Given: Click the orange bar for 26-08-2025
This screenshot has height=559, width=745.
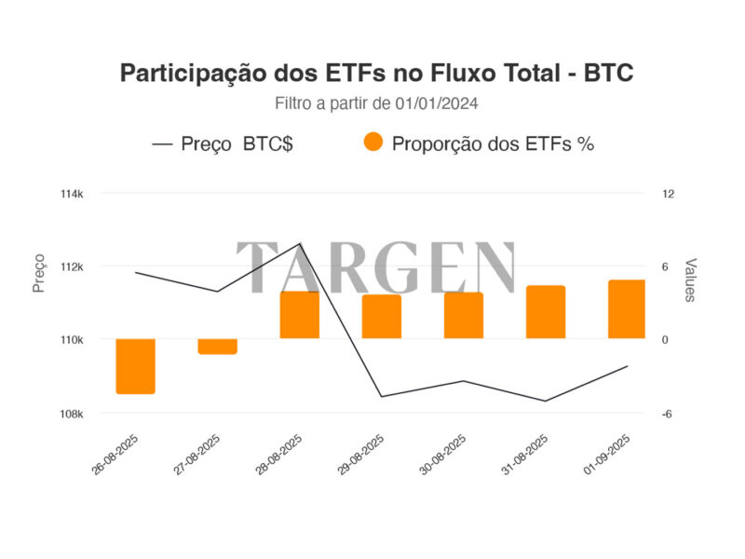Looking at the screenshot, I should coord(135,366).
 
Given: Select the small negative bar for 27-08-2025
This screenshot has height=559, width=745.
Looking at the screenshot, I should coord(217,347).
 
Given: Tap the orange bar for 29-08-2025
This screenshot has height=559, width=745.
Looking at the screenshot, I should coord(381,316).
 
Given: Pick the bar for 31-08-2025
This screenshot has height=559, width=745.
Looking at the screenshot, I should coord(546,311).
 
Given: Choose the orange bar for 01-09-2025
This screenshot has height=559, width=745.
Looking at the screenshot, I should coord(627,308).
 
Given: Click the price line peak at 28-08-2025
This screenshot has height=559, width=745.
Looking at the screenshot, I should coord(300,244).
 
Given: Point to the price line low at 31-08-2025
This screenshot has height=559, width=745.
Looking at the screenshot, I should coord(546,401).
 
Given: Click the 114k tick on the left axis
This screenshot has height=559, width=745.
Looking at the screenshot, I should coord(73,194).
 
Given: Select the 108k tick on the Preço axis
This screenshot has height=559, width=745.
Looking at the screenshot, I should coord(73,414).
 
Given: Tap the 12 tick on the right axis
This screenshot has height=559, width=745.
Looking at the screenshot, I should coord(668,194).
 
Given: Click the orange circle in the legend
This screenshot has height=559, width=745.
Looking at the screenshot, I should coord(373,143).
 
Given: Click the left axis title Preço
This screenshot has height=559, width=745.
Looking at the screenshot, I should coord(38,276).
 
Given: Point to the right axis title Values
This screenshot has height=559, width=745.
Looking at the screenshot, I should coord(690,280).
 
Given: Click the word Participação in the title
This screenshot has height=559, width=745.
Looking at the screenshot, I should coord(194,74).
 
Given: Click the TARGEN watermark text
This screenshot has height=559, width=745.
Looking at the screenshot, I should coord(376,268).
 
